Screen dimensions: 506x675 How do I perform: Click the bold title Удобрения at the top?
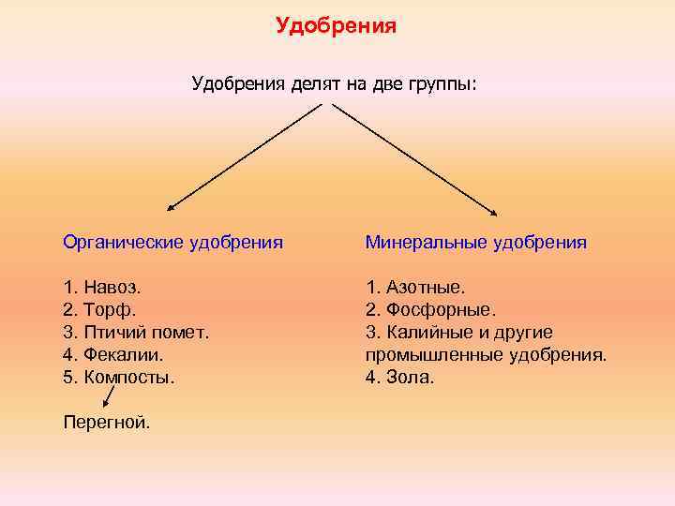point(336,26)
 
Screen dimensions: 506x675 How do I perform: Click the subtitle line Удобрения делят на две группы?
point(334,85)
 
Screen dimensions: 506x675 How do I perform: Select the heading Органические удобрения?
point(172,243)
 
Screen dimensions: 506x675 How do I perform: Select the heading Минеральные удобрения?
point(476,243)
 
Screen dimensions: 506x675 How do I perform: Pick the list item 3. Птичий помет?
point(136,332)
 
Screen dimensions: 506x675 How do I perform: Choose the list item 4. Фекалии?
point(113,354)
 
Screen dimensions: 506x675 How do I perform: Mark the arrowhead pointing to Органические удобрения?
point(172,208)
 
